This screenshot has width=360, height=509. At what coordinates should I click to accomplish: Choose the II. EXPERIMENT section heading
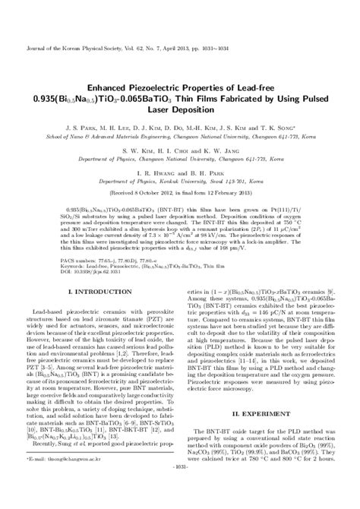tap(270, 413)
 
